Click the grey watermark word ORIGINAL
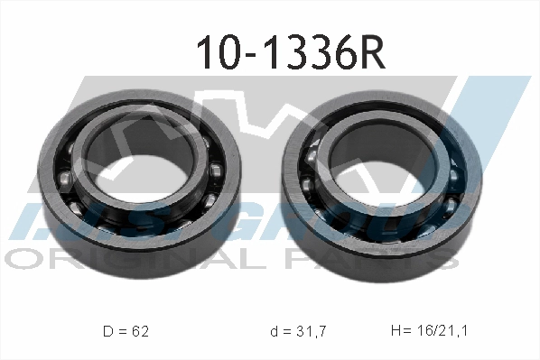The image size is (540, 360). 99,259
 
